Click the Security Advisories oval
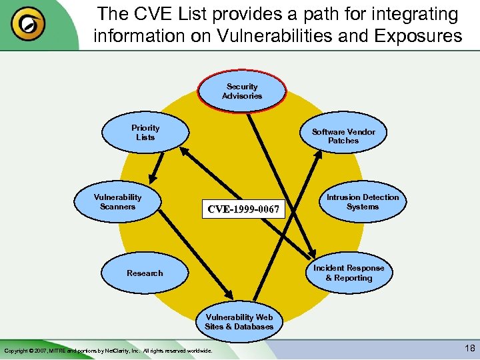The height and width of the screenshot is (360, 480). [x=241, y=91]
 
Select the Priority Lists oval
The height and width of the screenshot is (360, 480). [x=145, y=133]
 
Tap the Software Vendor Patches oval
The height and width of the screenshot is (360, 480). [x=343, y=136]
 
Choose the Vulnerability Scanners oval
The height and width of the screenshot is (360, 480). [x=118, y=202]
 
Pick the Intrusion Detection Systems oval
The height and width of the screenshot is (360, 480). [x=363, y=202]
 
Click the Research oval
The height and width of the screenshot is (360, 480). [x=145, y=273]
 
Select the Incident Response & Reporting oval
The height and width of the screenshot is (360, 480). [x=349, y=273]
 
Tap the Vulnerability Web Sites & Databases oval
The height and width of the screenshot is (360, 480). [x=239, y=322]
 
